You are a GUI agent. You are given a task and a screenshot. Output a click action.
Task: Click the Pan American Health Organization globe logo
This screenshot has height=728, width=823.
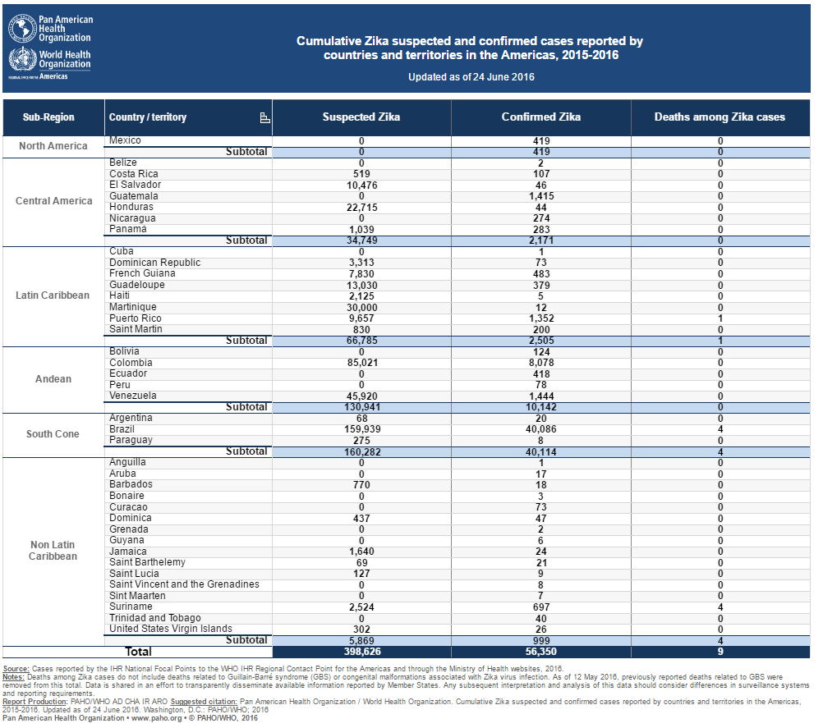click(22, 29)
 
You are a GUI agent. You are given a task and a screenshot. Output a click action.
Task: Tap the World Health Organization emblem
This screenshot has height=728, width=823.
click(22, 59)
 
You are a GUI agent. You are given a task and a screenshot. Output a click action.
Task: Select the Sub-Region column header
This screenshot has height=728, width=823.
click(48, 117)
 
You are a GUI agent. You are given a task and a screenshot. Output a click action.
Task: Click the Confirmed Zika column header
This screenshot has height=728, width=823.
click(541, 117)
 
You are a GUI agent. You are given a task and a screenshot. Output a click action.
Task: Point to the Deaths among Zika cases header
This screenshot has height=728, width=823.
click(720, 117)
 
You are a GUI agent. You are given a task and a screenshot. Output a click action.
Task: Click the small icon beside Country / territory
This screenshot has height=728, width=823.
click(265, 118)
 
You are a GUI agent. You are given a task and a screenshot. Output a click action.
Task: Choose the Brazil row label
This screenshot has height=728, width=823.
click(122, 429)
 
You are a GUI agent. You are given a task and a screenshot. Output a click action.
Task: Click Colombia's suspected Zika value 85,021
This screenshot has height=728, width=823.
click(362, 363)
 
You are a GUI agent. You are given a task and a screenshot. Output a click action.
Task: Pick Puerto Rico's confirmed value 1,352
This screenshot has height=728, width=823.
click(541, 318)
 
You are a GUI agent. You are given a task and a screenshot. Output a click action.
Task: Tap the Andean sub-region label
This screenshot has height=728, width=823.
click(53, 378)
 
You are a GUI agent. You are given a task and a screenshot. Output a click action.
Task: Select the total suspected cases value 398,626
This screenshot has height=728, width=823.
click(362, 652)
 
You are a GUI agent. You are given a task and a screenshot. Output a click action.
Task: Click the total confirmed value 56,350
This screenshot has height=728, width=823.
click(541, 652)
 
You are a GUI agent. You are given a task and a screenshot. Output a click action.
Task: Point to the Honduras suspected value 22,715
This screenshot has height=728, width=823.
click(362, 208)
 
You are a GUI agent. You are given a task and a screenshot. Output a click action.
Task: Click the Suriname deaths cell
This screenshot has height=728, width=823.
click(720, 607)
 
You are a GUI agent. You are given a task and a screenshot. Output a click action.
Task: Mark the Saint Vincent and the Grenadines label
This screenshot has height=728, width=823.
click(184, 584)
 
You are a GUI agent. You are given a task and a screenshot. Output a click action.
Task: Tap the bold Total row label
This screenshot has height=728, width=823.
click(139, 652)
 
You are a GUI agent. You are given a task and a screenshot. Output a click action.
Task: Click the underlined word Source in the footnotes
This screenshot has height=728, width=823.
click(16, 669)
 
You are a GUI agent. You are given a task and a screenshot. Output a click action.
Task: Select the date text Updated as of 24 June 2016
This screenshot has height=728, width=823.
click(471, 77)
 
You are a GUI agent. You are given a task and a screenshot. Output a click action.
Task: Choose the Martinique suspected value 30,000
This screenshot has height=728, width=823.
click(362, 307)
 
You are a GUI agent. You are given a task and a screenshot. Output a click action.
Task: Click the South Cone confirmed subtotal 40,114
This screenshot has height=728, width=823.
click(541, 452)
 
